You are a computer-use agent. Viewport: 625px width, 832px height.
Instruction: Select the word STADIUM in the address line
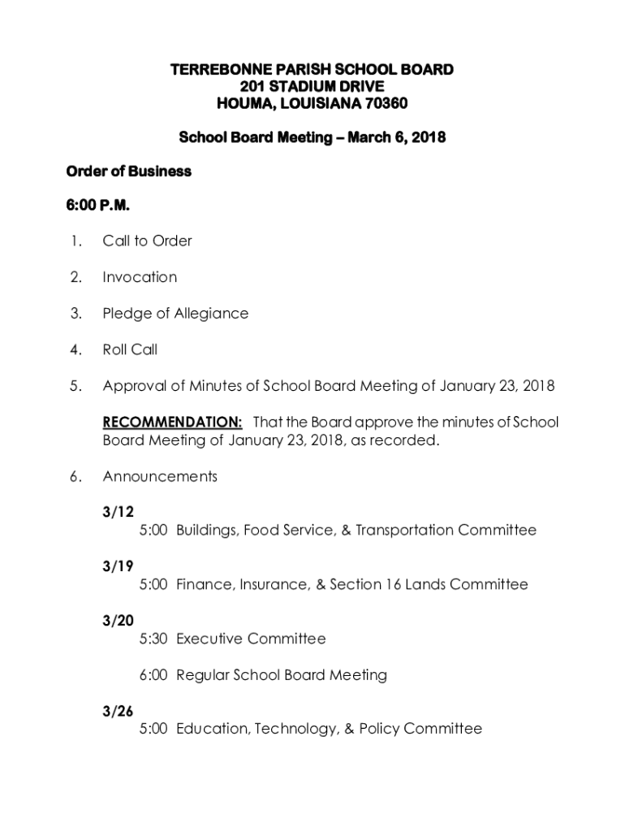pos(306,86)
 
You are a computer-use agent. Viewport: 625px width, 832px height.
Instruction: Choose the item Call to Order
pos(147,240)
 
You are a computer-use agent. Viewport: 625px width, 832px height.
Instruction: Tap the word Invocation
pos(140,277)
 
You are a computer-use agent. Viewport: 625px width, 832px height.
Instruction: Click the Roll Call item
pos(130,350)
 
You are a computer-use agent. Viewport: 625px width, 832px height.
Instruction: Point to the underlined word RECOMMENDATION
pos(172,422)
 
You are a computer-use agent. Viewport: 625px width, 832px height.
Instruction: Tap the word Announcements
pos(160,477)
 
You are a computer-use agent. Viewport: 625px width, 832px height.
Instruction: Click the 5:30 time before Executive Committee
pos(153,639)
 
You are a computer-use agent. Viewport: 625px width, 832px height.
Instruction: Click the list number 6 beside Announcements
pos(74,477)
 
